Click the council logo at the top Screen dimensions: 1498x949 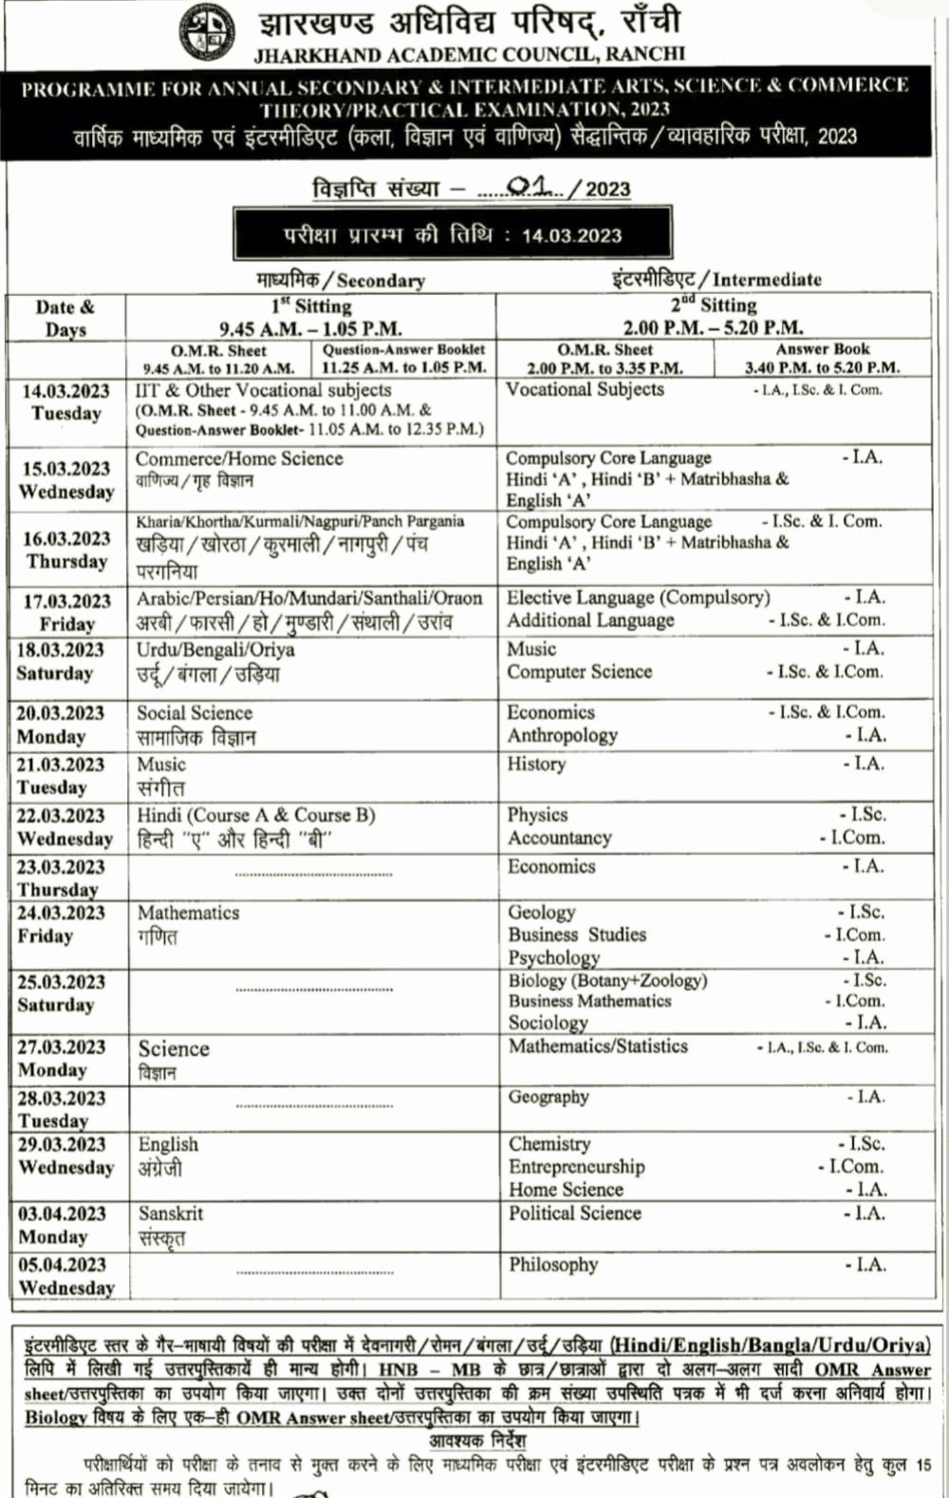coord(208,32)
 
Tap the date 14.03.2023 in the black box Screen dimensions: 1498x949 coord(571,235)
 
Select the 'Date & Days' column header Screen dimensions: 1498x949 coord(65,318)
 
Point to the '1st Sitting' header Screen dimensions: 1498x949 coord(311,305)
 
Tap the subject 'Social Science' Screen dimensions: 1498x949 coord(195,712)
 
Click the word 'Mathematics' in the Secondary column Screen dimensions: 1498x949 coord(188,913)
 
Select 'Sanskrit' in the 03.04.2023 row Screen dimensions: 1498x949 coord(171,1213)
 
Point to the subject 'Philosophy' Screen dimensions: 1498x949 coord(553,1265)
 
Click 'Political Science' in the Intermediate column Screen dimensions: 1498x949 coord(574,1213)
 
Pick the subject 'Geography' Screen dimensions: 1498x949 coord(549,1097)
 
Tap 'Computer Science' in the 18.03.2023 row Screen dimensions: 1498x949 coord(579,672)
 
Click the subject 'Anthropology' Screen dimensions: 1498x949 coord(562,735)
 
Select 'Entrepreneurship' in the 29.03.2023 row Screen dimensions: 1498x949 coord(576,1167)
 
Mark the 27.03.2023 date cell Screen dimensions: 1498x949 coord(61,1058)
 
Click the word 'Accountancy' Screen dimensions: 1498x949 coord(559,838)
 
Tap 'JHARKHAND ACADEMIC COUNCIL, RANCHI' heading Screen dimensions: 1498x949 coord(469,54)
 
